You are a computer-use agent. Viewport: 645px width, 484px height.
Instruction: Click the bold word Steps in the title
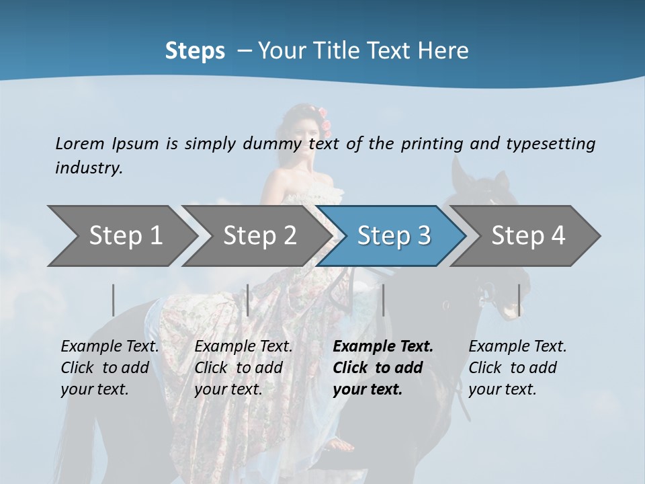(195, 51)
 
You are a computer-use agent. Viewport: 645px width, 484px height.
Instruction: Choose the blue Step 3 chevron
(394, 236)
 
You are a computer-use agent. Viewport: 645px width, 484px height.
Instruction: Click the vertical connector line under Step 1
(114, 300)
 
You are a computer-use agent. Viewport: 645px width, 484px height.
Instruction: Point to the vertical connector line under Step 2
(248, 300)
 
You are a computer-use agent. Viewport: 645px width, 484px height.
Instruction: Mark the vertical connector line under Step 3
(384, 300)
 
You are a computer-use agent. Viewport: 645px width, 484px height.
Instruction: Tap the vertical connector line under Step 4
(519, 300)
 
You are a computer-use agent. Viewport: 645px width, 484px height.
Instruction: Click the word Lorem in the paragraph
(79, 143)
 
